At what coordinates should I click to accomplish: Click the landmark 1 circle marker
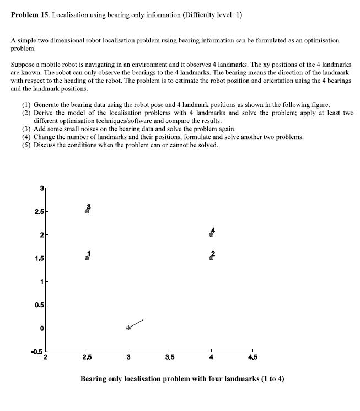click(x=87, y=258)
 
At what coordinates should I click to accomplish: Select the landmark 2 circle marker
click(x=211, y=258)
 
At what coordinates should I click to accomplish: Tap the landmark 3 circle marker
click(x=87, y=211)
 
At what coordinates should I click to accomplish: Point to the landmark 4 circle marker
click(x=211, y=234)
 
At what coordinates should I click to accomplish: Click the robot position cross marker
click(x=128, y=328)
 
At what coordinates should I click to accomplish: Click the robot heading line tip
click(x=143, y=319)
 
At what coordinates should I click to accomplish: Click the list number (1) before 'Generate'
click(x=26, y=104)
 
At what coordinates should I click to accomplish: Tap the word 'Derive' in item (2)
click(x=44, y=113)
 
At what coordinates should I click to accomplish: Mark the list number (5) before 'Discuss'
click(x=26, y=145)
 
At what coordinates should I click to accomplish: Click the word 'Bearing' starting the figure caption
click(x=95, y=379)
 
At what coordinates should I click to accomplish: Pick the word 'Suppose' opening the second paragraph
click(x=23, y=64)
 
